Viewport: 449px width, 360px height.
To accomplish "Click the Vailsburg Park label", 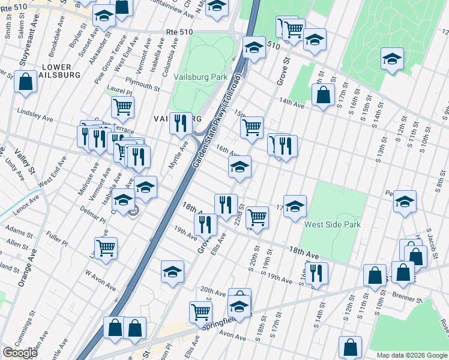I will pyautogui.click(x=200, y=77).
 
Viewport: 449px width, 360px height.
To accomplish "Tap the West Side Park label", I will pyautogui.click(x=331, y=225).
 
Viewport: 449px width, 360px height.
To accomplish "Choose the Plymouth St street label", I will pyautogui.click(x=142, y=84).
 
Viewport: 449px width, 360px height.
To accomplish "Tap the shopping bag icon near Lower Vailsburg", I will pyautogui.click(x=25, y=83).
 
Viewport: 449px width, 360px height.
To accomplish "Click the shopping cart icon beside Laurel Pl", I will pyautogui.click(x=122, y=107).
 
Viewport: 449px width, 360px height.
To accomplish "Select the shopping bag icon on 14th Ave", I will pyautogui.click(x=323, y=95).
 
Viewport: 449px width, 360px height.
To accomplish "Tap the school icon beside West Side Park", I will pyautogui.click(x=295, y=206).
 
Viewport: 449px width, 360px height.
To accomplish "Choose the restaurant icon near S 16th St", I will pyautogui.click(x=316, y=272).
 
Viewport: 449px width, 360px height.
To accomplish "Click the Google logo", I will pyautogui.click(x=20, y=353).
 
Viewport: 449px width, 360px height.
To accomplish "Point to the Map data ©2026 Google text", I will pyautogui.click(x=411, y=355).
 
